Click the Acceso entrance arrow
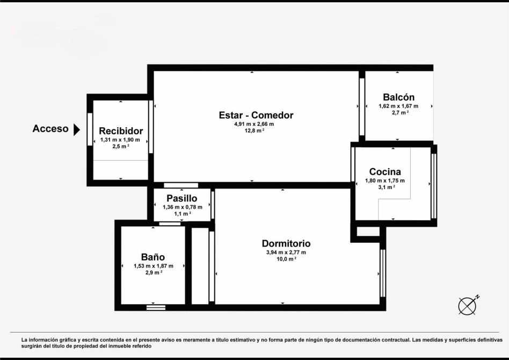[x=77, y=129]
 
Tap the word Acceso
[x=50, y=128]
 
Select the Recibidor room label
[x=121, y=131]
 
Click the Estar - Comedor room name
[x=256, y=115]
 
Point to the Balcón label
[x=398, y=97]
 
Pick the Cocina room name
[x=385, y=171]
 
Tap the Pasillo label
[x=182, y=198]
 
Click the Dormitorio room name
[x=286, y=243]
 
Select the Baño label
[x=153, y=257]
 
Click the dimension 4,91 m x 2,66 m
[x=254, y=124]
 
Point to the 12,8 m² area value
[x=254, y=131]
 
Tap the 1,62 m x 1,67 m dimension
[x=398, y=106]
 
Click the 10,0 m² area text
[x=286, y=259]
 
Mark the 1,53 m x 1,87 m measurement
[x=154, y=266]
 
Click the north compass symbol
[x=468, y=305]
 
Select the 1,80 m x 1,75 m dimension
[x=385, y=181]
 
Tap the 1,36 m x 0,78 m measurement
[x=183, y=207]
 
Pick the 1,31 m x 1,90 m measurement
[x=120, y=140]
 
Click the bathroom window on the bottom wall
[x=156, y=307]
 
